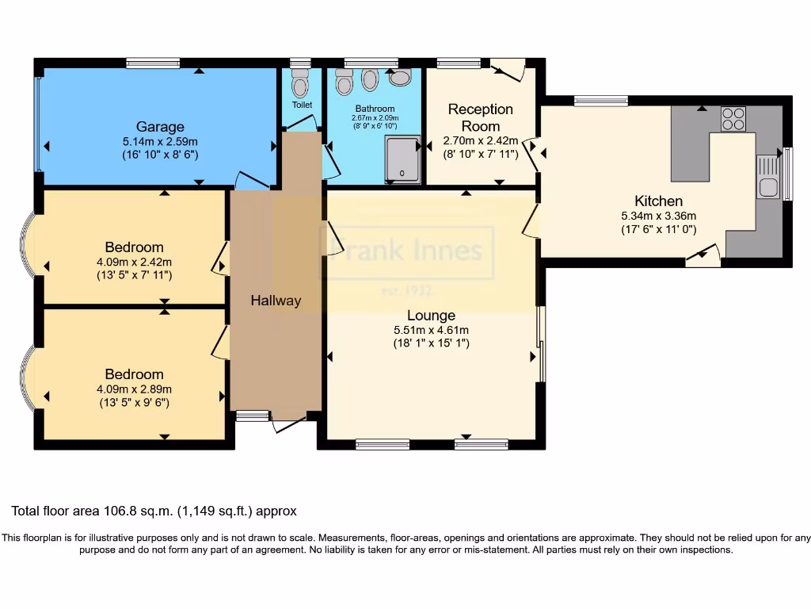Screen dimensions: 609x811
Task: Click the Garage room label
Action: point(160,127)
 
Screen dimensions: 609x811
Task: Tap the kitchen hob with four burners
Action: point(733,118)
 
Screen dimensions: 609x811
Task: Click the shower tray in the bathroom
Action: point(403,160)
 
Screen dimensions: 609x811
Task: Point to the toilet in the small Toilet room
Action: point(300,82)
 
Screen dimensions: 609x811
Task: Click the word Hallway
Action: point(276,301)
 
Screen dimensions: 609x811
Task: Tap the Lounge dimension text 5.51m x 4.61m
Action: point(432,330)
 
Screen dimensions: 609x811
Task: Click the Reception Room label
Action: point(481,117)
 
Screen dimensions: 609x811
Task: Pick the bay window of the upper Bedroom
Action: point(25,247)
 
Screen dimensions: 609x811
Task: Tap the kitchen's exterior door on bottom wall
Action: point(703,256)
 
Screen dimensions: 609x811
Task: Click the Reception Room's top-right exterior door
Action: point(509,70)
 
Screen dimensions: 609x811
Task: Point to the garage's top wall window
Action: point(153,63)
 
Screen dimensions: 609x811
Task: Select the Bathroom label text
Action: point(375,109)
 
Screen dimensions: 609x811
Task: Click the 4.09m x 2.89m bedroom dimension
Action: point(134,389)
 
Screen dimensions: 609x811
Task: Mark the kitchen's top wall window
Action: point(600,101)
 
